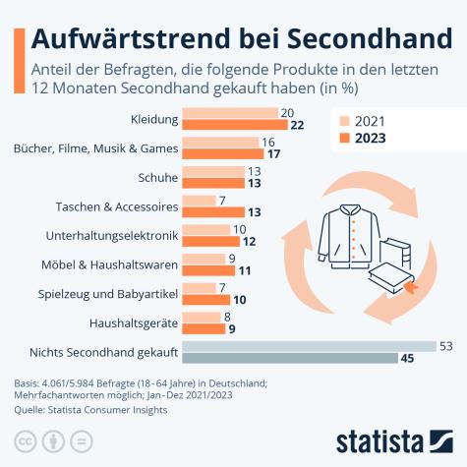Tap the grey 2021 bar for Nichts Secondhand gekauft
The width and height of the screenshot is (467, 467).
point(309,345)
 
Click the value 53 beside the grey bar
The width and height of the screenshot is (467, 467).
point(444,345)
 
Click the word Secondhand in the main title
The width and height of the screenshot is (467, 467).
point(356,37)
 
